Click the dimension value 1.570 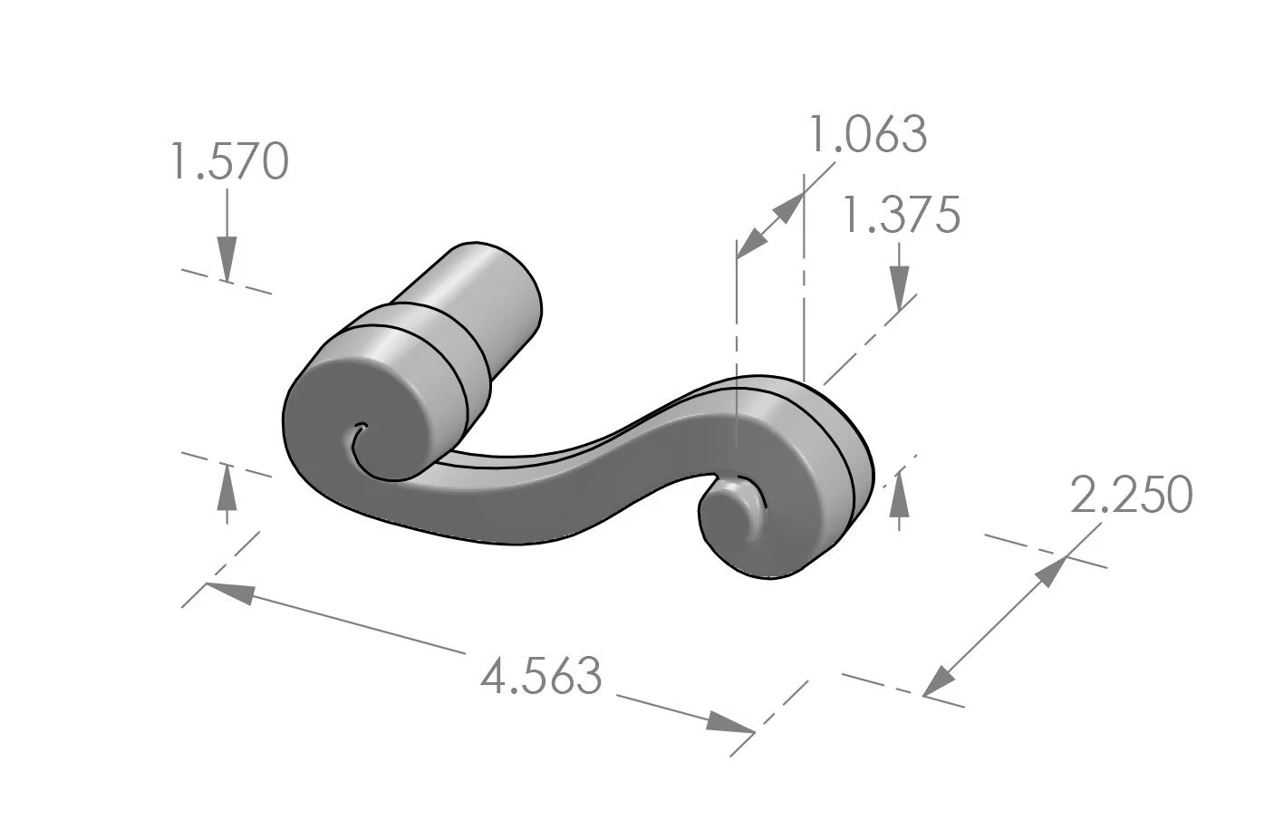pos(229,161)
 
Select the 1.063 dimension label pos(867,135)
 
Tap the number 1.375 pos(901,217)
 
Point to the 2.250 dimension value pos(1131,495)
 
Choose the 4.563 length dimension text pos(541,677)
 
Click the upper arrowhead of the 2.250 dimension pos(1051,571)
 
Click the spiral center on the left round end pos(362,428)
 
